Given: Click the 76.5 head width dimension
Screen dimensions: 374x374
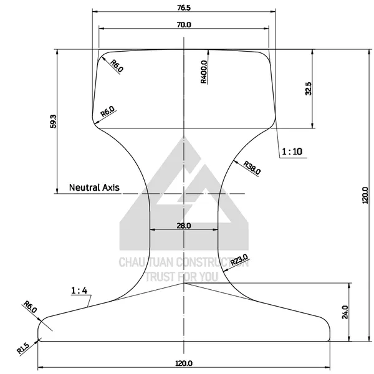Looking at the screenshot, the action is coord(184,8).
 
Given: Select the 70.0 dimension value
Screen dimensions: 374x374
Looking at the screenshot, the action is coord(184,24).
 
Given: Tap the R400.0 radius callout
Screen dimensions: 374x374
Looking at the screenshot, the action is coord(204,72).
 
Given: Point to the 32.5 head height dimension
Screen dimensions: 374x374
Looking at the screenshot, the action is coord(308,89).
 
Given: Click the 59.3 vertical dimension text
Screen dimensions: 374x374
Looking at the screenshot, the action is coord(54,122).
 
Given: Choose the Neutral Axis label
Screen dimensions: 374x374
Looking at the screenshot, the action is coord(94,188).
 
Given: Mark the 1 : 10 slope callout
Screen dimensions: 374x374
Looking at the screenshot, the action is coord(292,151).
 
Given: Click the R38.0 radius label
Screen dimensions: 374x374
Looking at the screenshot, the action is coord(252,168).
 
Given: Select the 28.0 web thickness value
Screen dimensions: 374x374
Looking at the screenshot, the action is coord(184,226).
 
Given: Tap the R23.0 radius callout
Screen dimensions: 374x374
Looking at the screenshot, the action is coord(239,260).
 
